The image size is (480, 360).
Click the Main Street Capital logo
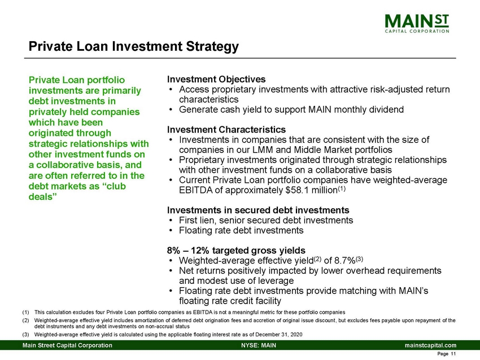click(418, 24)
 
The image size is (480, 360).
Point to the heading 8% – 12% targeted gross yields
click(236, 250)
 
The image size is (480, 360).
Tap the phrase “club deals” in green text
click(62, 193)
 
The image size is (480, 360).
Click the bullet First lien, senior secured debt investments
click(265, 220)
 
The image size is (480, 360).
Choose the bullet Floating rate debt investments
click(241, 230)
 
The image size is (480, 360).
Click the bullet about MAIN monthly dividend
click(291, 109)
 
